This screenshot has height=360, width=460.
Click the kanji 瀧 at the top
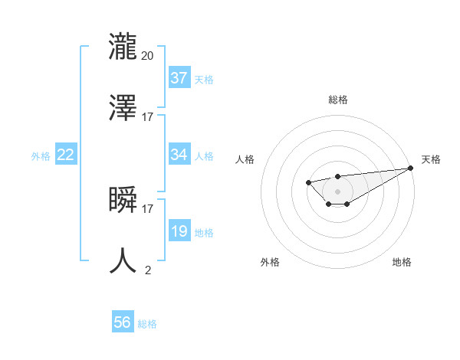coord(123,45)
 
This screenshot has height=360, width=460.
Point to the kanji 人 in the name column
coord(123,260)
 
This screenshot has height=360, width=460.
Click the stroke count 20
coord(148,55)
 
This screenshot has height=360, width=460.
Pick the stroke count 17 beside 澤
coord(148,117)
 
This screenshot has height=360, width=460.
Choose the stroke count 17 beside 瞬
coord(148,208)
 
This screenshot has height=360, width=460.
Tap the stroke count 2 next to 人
coord(148,270)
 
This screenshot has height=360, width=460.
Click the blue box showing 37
coord(179,78)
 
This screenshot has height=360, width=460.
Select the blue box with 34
coord(179,155)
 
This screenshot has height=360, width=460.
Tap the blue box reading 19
coord(179,231)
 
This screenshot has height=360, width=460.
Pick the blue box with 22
coord(66,155)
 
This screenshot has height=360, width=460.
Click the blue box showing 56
coord(123,322)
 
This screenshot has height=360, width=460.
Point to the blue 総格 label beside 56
coord(147,324)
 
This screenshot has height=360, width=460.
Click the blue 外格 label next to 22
coord(41,156)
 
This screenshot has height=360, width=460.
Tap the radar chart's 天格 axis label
coord(432,159)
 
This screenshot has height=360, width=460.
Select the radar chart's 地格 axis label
coord(402,262)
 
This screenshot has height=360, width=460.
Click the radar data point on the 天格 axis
coord(410,168)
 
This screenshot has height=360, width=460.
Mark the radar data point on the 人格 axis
coord(308,182)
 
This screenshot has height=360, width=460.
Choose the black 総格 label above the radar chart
coord(337,100)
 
